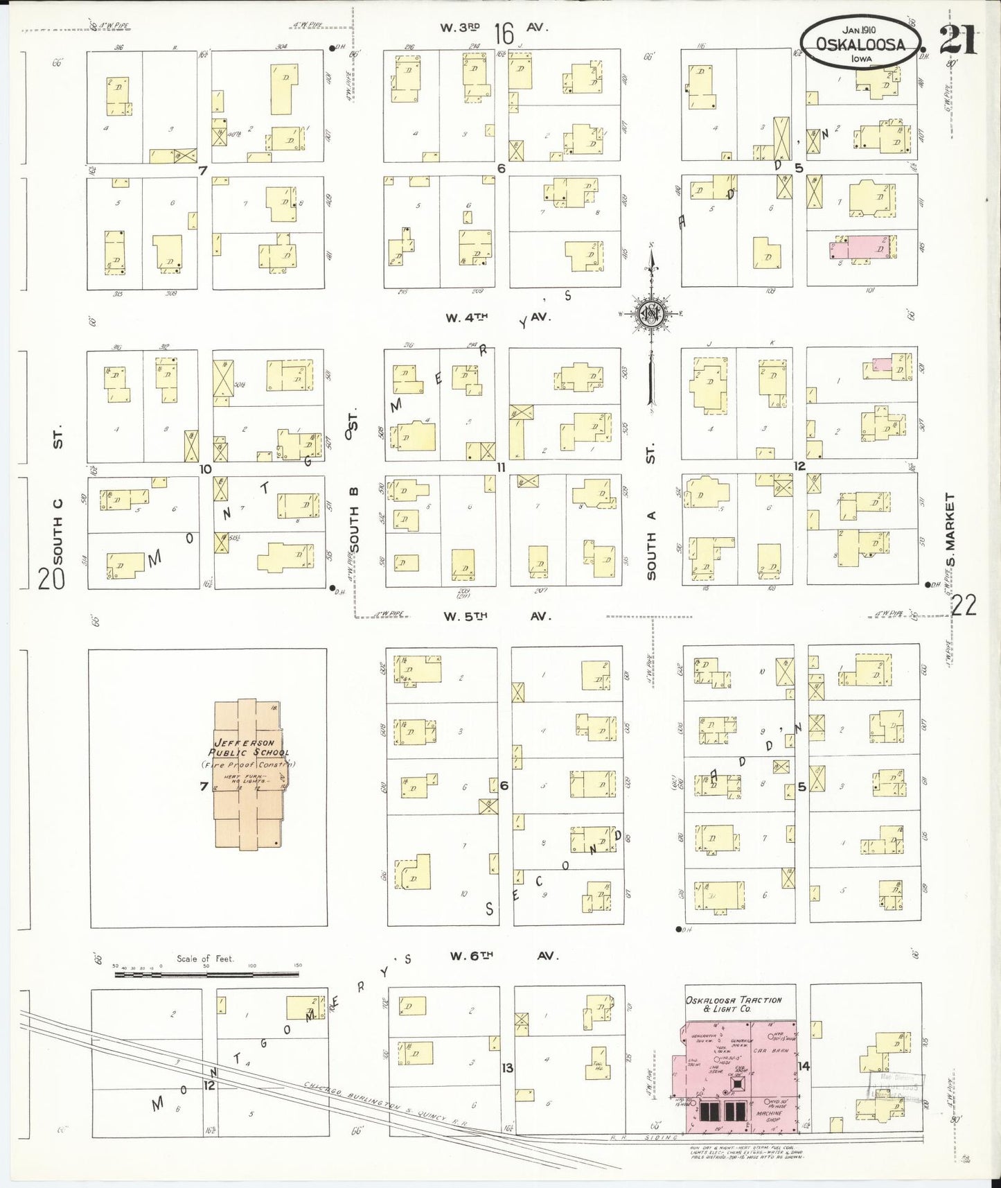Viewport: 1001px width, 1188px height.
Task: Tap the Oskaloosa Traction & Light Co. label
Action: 733,1004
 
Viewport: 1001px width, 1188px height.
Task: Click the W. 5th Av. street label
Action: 499,615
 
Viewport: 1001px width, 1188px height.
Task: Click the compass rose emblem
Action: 650,314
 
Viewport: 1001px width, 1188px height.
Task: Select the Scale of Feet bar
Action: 206,974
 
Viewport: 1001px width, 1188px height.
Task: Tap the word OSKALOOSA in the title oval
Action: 860,44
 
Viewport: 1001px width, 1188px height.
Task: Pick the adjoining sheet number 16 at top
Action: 504,33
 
